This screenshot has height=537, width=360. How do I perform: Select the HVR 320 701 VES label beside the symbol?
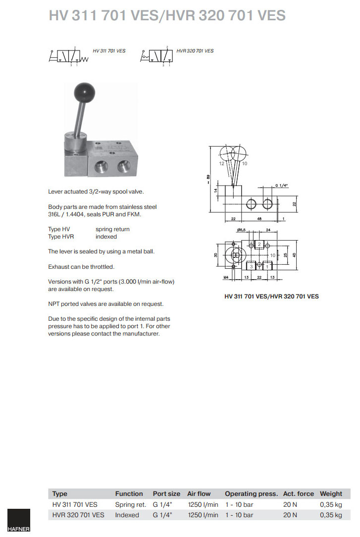click(x=195, y=51)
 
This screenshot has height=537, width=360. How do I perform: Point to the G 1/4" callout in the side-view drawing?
click(x=281, y=186)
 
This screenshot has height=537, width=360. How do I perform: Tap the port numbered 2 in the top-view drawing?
click(x=259, y=244)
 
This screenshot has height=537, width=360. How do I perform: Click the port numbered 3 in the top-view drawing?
click(x=252, y=266)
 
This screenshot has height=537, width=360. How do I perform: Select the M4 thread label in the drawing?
click(x=226, y=278)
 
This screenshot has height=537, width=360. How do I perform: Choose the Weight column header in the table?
click(x=331, y=493)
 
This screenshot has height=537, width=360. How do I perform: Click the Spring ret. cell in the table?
click(x=131, y=504)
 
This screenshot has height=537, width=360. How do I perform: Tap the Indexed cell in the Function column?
click(x=127, y=515)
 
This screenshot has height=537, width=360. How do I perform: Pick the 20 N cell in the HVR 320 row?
click(x=290, y=515)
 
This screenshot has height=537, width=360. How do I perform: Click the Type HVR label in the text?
click(x=61, y=237)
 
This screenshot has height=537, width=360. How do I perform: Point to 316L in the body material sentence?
click(x=55, y=214)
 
